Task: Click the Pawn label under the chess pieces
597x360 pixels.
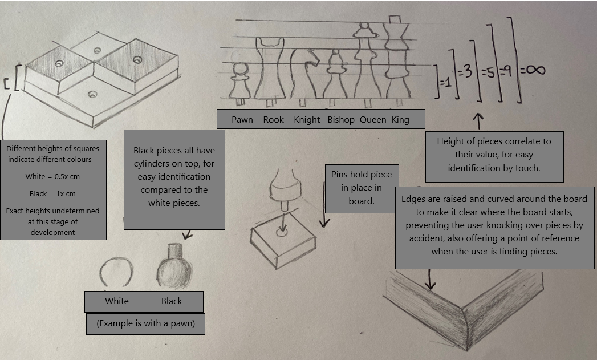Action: (x=242, y=120)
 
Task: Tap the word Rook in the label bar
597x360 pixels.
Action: (x=274, y=120)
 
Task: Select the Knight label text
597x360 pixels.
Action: (x=307, y=120)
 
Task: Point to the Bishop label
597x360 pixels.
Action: (x=341, y=120)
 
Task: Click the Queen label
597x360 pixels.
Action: (x=372, y=120)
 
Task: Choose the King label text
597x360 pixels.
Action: (x=400, y=120)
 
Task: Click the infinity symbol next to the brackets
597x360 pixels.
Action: (x=532, y=70)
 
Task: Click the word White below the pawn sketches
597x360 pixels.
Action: (x=117, y=301)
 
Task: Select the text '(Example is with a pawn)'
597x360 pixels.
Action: (x=145, y=323)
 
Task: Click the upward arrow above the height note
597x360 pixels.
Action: (x=478, y=120)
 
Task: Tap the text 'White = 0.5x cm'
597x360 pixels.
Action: (x=53, y=176)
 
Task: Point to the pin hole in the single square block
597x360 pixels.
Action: (x=281, y=233)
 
